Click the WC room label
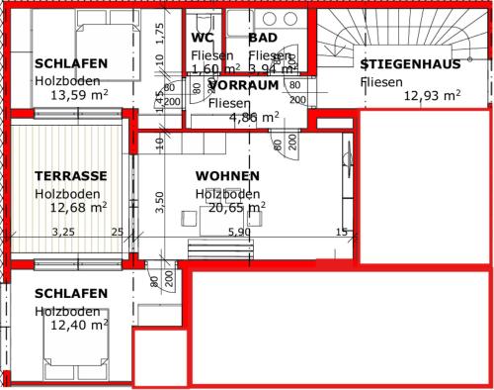tap(203, 39)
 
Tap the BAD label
tap(262, 39)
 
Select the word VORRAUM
tap(243, 86)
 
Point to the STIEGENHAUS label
tap(410, 64)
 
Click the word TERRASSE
tap(70, 176)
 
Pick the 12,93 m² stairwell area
tap(432, 96)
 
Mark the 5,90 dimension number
tap(239, 233)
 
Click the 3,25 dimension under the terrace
tap(63, 233)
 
